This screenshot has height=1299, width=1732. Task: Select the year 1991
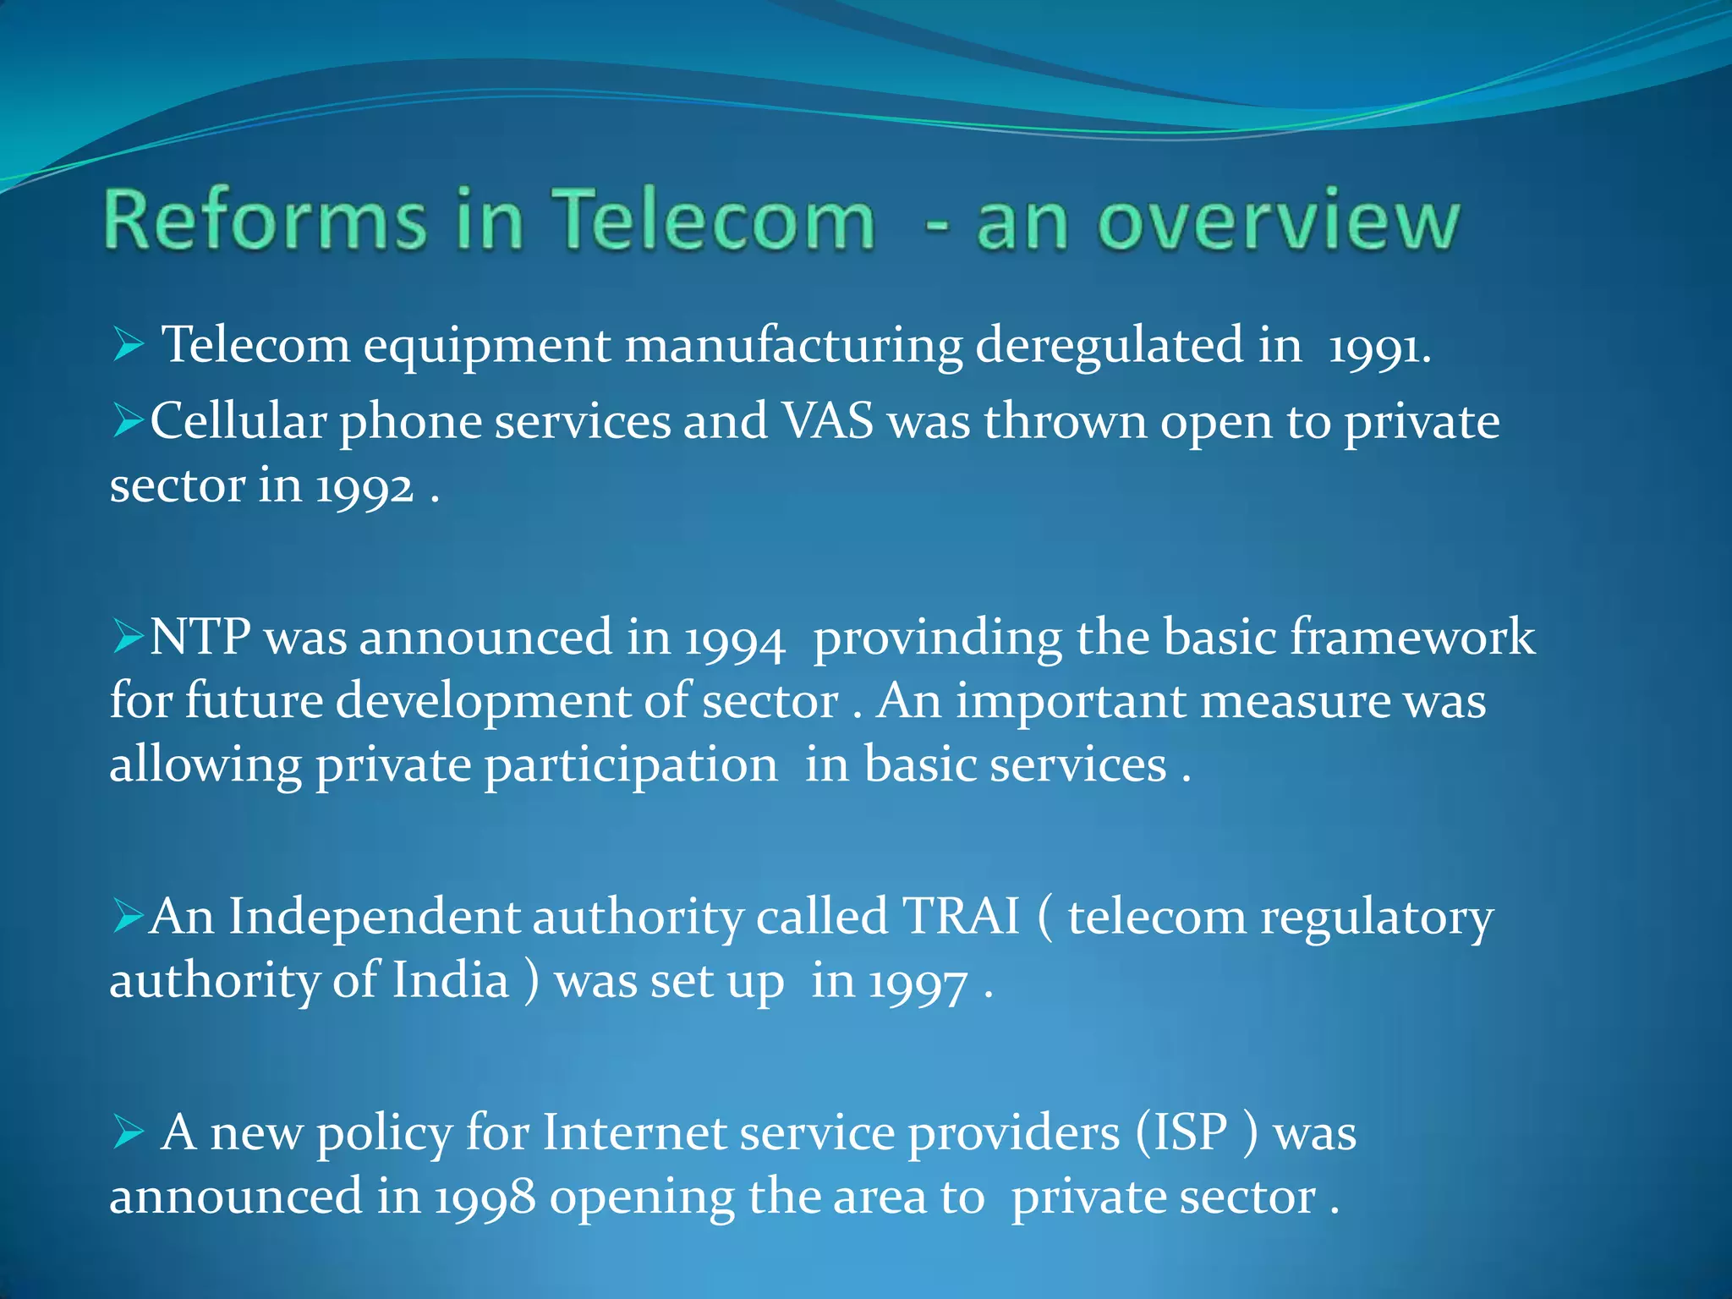[1378, 347]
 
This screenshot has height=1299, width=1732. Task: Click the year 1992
[364, 488]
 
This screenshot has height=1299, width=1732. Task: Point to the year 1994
[734, 639]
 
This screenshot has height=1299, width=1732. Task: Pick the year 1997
[918, 984]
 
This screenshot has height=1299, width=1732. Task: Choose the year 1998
[485, 1198]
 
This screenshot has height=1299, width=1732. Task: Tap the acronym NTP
[200, 636]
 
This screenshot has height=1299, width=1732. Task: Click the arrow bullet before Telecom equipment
[127, 345]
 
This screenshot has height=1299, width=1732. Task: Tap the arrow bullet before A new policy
[127, 1132]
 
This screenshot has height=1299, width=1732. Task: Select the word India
[451, 980]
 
